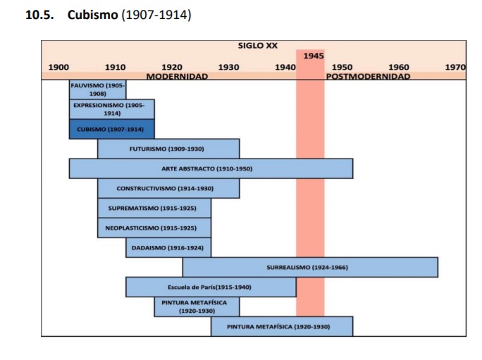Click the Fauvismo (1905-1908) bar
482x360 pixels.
point(97,89)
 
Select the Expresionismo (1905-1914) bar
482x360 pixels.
point(111,109)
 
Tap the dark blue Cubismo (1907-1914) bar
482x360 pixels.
point(111,129)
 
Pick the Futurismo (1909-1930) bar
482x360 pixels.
point(168,149)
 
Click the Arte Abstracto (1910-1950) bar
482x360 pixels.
point(210,168)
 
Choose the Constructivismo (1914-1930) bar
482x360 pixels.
point(168,188)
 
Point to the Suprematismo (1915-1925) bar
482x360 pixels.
point(154,209)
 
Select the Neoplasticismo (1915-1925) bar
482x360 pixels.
point(154,228)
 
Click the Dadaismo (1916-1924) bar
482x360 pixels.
point(168,248)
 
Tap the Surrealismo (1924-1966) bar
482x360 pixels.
point(309,268)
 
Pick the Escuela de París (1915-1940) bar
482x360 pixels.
point(210,287)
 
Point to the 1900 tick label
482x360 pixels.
point(58,68)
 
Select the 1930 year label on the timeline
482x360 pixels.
point(228,68)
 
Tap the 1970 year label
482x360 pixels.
point(455,68)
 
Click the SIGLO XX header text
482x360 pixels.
point(257,46)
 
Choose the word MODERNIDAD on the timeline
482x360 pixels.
point(177,76)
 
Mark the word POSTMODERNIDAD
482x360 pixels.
point(368,76)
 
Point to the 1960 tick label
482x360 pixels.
point(399,68)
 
